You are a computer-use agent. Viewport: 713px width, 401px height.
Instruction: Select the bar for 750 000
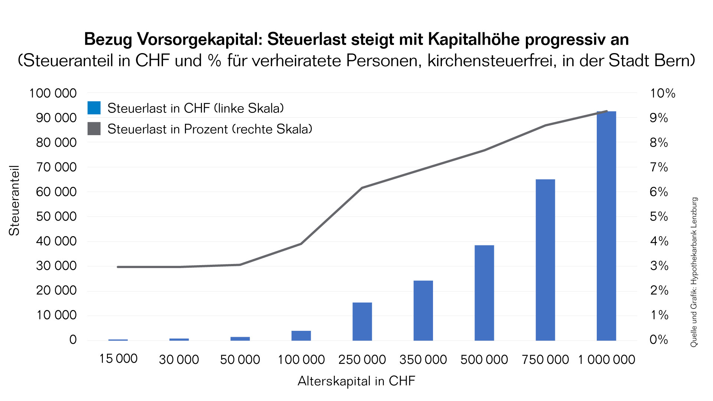coord(545,260)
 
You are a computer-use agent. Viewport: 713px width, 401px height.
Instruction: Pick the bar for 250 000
coord(362,322)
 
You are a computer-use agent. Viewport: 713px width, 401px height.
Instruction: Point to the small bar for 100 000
coord(301,336)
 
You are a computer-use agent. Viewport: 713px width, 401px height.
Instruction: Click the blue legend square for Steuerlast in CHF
coord(94,108)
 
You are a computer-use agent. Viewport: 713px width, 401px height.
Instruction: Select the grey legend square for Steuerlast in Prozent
coord(94,129)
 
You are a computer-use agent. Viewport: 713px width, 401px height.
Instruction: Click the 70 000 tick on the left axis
coord(56,167)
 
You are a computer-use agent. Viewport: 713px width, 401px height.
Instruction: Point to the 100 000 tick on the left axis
coord(53,93)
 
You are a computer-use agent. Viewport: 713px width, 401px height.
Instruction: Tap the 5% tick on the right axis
coord(659,216)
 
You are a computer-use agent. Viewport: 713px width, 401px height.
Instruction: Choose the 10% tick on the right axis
coord(662,93)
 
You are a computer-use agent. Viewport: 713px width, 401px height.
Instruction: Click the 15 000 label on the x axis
coord(118,359)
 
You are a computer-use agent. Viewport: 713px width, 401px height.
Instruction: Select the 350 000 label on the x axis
coord(423,359)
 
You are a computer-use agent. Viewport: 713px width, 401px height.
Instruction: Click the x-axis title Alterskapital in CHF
coord(356,381)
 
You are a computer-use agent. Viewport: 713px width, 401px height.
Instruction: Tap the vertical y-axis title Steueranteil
coord(14,200)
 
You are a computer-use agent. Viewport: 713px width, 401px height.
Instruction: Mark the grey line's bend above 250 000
coord(362,188)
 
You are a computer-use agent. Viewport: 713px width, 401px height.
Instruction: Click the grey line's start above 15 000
coord(118,267)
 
